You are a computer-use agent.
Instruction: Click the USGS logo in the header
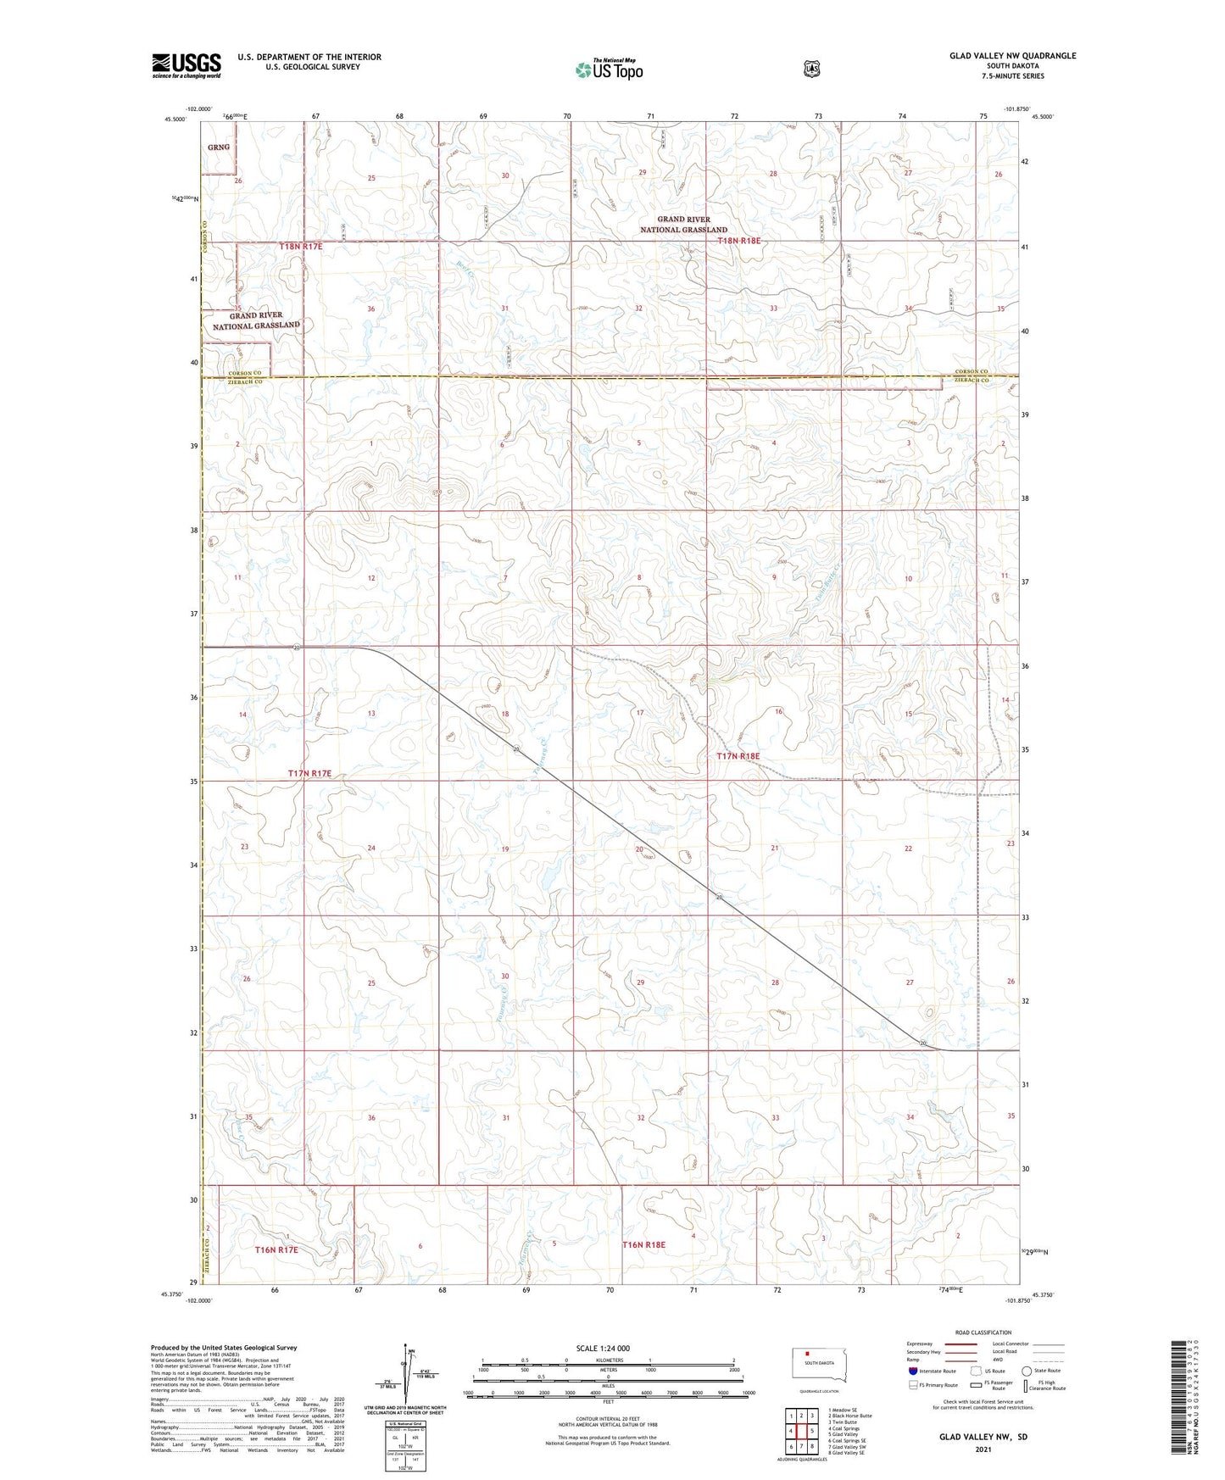tap(187, 65)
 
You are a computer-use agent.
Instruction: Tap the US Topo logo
tap(608, 70)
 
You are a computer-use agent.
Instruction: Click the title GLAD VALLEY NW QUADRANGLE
tap(1012, 56)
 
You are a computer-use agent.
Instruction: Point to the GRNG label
tap(219, 147)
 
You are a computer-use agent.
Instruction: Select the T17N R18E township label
tap(738, 756)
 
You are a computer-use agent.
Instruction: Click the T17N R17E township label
tap(309, 774)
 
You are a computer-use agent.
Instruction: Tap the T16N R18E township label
tap(644, 1245)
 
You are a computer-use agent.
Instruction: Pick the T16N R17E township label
tap(276, 1250)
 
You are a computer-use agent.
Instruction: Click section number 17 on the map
tap(640, 714)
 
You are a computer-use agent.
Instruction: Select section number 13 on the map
tap(371, 714)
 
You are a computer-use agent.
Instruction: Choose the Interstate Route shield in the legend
tap(912, 1371)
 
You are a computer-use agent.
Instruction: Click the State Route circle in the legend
tap(1027, 1371)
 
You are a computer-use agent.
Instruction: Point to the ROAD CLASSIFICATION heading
tap(983, 1333)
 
